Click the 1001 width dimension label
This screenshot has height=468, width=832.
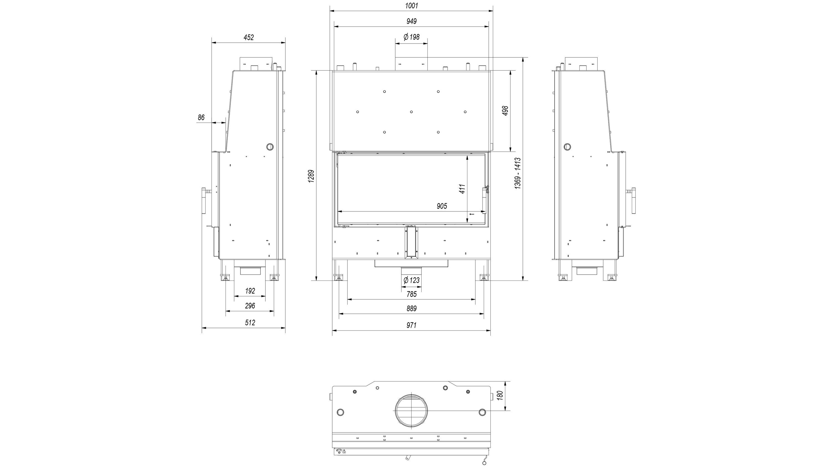click(412, 6)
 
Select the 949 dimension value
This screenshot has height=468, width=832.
click(412, 21)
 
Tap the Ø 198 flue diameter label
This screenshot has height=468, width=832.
click(412, 37)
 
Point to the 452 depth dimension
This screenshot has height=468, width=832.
click(249, 37)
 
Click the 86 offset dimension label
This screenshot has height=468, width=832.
click(201, 118)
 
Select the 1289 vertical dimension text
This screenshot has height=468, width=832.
click(311, 176)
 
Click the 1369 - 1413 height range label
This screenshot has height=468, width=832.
click(518, 173)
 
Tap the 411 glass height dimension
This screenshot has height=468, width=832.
click(462, 189)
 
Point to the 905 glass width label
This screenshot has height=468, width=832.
click(442, 206)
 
